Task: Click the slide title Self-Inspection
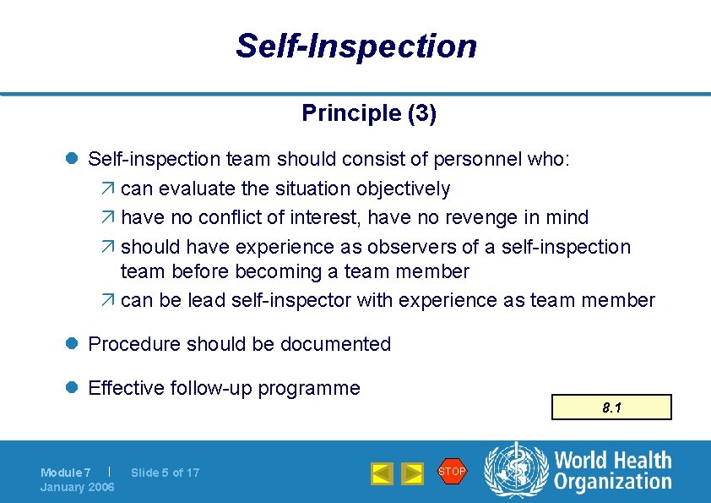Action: [x=355, y=46]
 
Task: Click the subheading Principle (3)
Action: [x=369, y=113]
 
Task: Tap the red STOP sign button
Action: [x=452, y=472]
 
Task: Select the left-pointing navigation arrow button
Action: [x=382, y=473]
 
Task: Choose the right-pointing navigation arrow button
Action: [x=412, y=473]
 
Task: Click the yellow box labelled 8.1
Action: [x=611, y=407]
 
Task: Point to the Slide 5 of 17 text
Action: [x=166, y=473]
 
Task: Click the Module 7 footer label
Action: [x=66, y=473]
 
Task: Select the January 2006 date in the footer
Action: [x=78, y=487]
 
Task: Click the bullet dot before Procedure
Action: [x=73, y=344]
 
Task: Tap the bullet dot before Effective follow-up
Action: [x=73, y=388]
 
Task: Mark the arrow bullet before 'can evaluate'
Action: [x=110, y=189]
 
